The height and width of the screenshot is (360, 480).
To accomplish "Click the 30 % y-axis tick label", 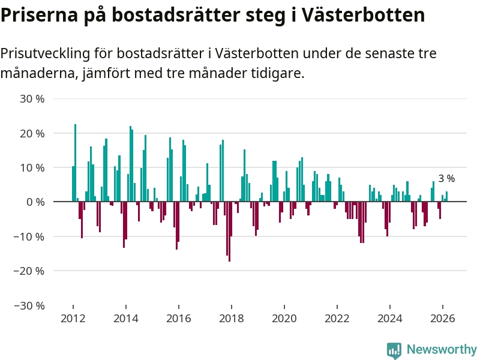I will pos(32,98).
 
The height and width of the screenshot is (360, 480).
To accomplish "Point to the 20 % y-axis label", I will pos(32,133).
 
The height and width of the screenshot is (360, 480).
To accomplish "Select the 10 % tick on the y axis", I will pos(32,167).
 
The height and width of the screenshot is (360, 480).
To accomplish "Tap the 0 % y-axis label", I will pos(35,202).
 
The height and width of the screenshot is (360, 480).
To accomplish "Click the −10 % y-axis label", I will pos(29,236).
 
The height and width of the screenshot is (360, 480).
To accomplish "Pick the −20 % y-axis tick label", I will pos(29,271).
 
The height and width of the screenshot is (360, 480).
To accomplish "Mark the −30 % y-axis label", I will pos(29,305).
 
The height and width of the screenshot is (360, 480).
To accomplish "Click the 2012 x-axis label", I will pos(73,318).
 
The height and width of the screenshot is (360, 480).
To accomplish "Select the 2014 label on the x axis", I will pos(125,318).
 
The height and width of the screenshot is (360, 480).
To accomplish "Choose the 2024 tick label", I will pos(390,318).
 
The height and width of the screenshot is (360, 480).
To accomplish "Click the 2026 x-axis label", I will pos(443,318).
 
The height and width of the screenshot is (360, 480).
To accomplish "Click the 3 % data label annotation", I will pos(446,178).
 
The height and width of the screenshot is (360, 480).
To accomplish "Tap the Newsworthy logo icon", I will pos(394,350).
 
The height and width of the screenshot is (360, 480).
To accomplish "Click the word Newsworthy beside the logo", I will pos(442,349).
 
